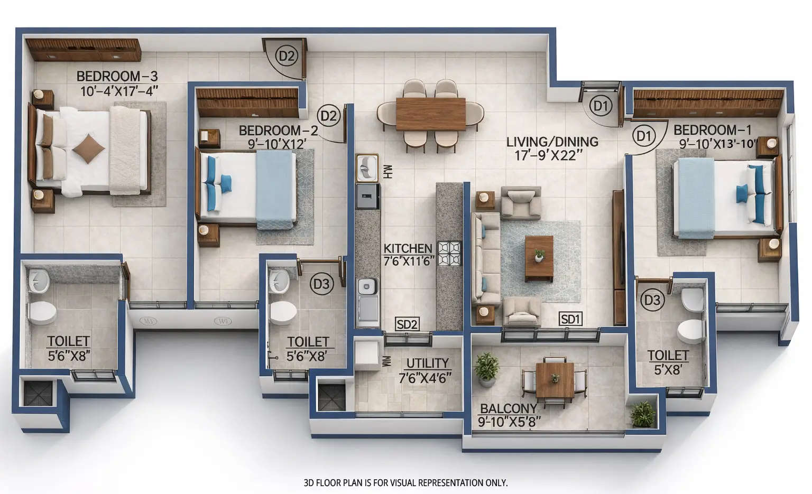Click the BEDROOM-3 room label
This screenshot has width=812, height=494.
(x=117, y=77)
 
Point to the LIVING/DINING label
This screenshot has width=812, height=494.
(x=552, y=142)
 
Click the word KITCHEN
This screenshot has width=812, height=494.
(x=408, y=248)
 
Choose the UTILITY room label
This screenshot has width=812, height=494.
(x=427, y=363)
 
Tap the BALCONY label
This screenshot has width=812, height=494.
(x=508, y=408)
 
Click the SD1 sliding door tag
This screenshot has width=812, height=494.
(x=571, y=319)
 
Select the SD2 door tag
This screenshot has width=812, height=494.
(x=407, y=324)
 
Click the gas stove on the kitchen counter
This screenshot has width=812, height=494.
(x=449, y=253)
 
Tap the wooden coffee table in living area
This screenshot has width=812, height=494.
(x=539, y=258)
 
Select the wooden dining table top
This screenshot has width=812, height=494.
(x=430, y=114)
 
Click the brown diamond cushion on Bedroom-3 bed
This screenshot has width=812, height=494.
(x=88, y=148)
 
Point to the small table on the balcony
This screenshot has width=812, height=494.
(x=555, y=380)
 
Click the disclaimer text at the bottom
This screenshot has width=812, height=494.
(x=405, y=482)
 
